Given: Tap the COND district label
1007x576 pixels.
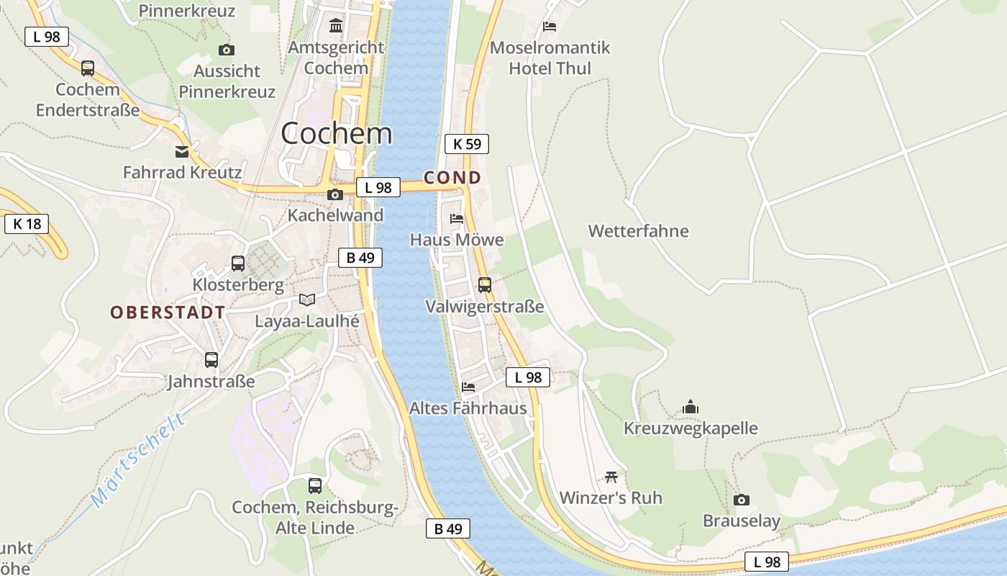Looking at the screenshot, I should pyautogui.click(x=452, y=178).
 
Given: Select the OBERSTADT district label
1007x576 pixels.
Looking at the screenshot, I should pyautogui.click(x=168, y=312).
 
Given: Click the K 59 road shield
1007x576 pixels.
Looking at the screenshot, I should pyautogui.click(x=467, y=144).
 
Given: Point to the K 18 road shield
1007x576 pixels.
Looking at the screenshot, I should pyautogui.click(x=27, y=224).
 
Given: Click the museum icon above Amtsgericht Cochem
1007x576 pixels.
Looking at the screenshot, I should pyautogui.click(x=335, y=27).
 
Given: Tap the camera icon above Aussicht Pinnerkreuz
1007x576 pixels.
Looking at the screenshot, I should pyautogui.click(x=227, y=50).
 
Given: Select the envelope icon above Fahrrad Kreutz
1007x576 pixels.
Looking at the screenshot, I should pyautogui.click(x=182, y=152).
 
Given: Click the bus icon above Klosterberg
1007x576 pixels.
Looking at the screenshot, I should pyautogui.click(x=238, y=264).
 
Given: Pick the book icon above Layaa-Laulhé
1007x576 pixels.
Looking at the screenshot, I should pyautogui.click(x=307, y=300).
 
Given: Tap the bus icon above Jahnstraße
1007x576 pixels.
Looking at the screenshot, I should pyautogui.click(x=211, y=359).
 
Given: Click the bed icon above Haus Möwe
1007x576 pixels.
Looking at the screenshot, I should pyautogui.click(x=457, y=218).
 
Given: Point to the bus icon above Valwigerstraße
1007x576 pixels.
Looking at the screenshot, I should pyautogui.click(x=485, y=284).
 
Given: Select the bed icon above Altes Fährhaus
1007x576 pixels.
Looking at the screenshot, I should pyautogui.click(x=468, y=387).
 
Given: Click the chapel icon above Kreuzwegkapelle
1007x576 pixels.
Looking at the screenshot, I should pyautogui.click(x=691, y=407).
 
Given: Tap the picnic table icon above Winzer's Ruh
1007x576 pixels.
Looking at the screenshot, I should pyautogui.click(x=611, y=477).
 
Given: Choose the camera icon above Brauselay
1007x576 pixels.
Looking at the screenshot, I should pyautogui.click(x=742, y=500).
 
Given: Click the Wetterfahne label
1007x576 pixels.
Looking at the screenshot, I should pyautogui.click(x=638, y=231).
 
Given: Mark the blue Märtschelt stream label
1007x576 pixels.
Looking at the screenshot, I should pyautogui.click(x=138, y=461).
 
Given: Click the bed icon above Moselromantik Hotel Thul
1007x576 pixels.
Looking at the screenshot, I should pyautogui.click(x=550, y=27).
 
